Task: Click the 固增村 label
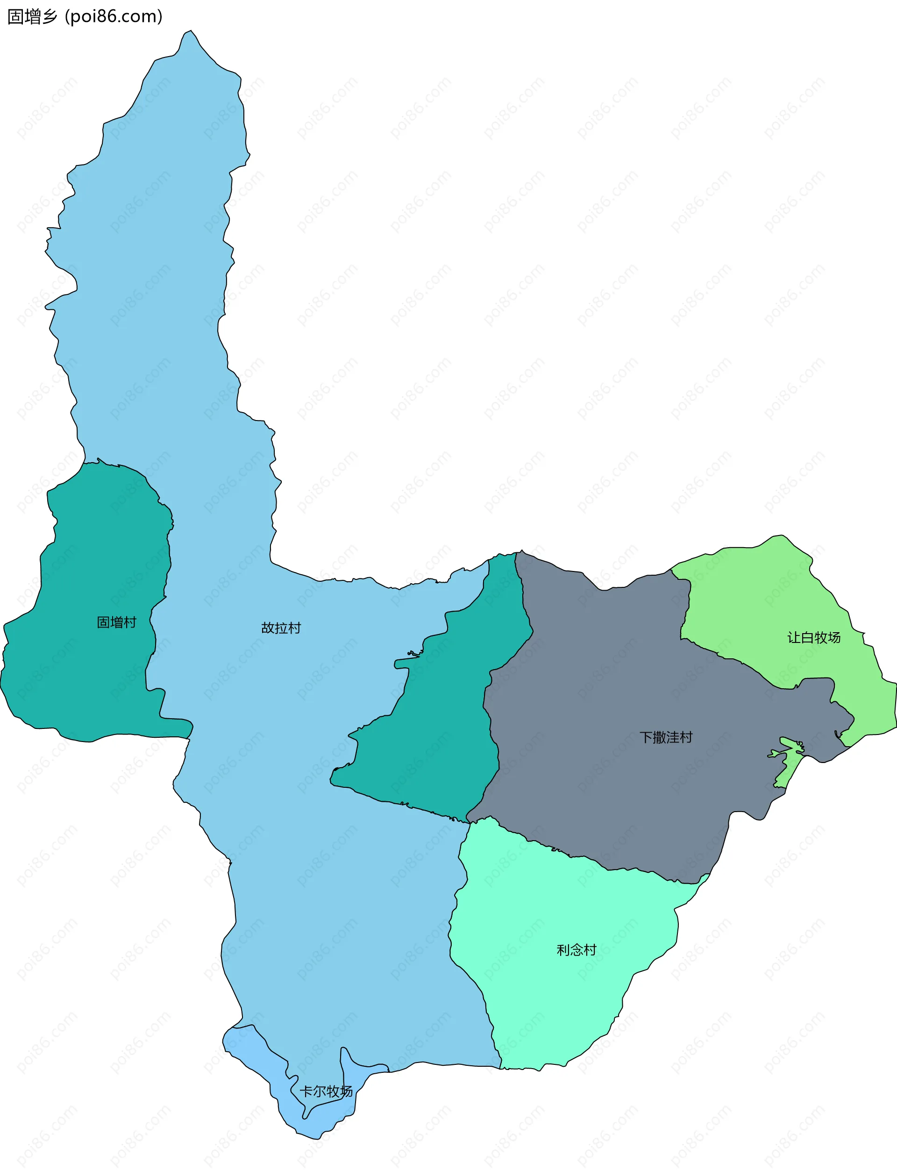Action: point(116,622)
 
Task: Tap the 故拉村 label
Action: point(281,628)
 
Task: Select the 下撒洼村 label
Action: point(666,737)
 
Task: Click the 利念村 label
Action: point(576,950)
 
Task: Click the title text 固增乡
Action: point(32,17)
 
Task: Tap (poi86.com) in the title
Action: point(113,17)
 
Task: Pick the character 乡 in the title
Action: point(50,17)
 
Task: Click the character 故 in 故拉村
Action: point(268,628)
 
